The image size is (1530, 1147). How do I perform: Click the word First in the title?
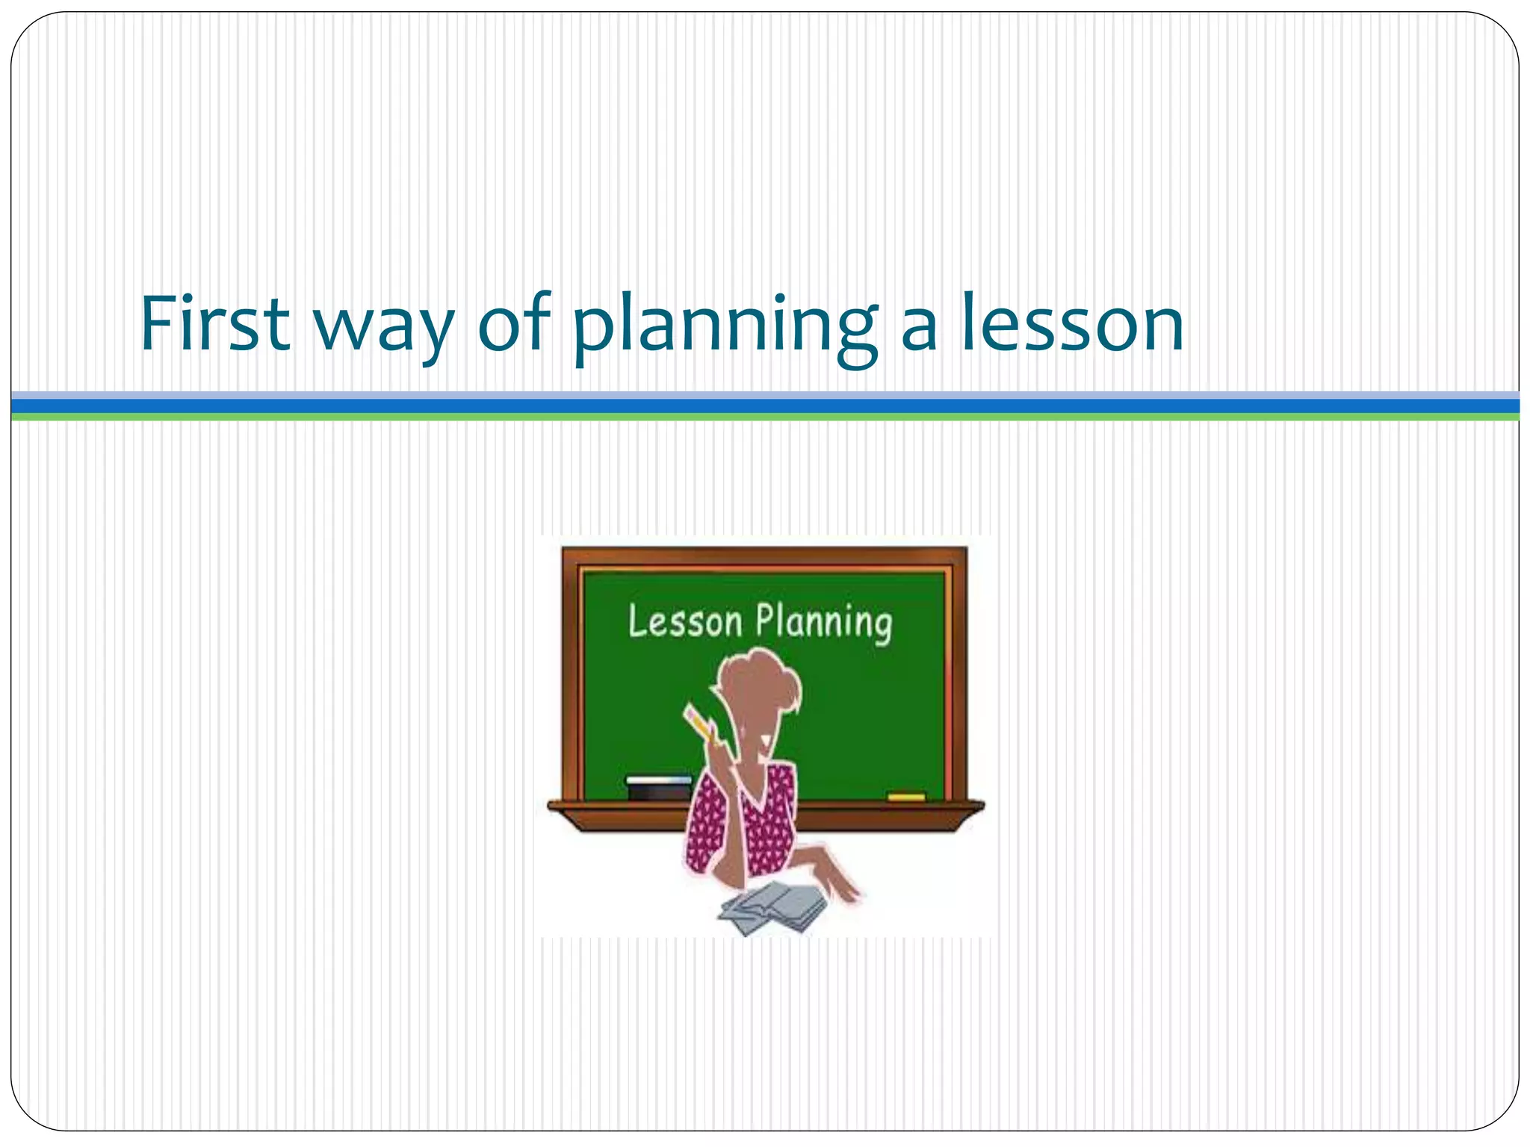tap(214, 323)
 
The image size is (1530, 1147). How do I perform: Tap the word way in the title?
tap(382, 329)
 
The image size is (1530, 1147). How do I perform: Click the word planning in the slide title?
tap(723, 329)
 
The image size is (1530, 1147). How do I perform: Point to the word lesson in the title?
tap(1071, 323)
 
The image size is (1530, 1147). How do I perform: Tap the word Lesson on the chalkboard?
tap(685, 621)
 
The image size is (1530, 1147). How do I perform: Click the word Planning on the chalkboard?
tap(823, 624)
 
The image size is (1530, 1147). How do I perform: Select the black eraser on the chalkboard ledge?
tap(659, 787)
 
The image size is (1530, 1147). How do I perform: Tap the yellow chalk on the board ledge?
tap(905, 797)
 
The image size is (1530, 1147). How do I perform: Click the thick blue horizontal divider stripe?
tap(765, 405)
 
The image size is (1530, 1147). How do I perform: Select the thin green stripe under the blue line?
tap(765, 417)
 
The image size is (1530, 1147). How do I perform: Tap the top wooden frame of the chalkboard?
tap(765, 557)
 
